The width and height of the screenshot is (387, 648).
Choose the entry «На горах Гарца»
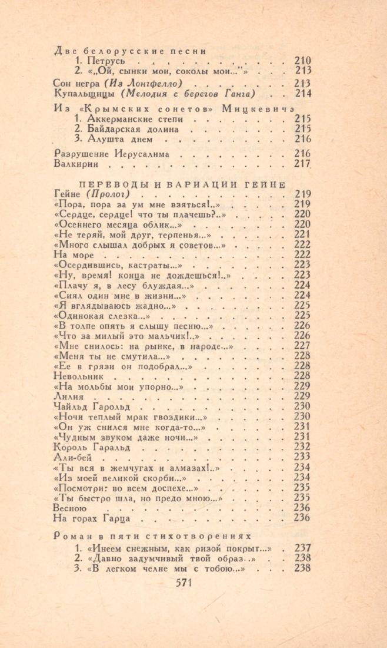pos(91,518)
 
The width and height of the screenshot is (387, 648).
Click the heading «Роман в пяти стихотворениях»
pos(152,536)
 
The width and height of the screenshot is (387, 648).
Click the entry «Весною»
pos(70,508)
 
